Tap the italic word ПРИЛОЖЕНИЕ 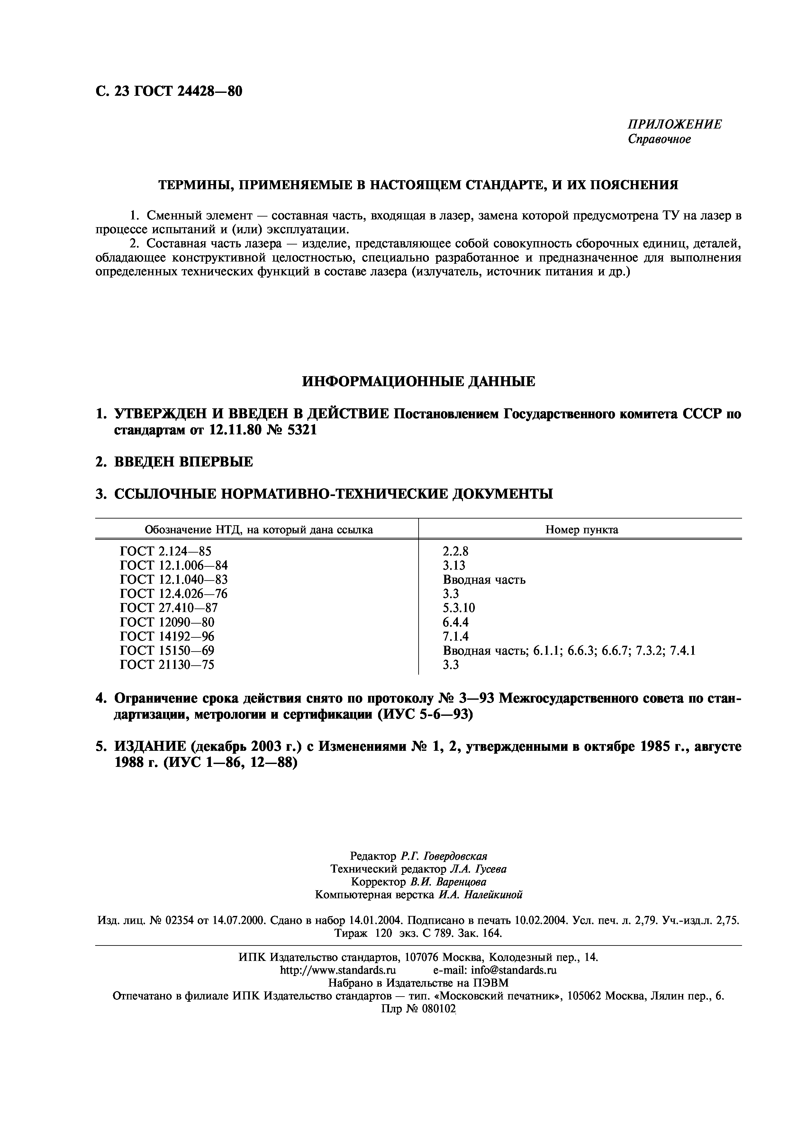[675, 124]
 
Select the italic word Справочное [659, 139]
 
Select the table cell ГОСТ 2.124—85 [166, 551]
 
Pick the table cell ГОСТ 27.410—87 [168, 608]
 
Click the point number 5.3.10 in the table [459, 608]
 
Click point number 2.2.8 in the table [455, 551]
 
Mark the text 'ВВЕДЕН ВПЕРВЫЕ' [184, 461]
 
